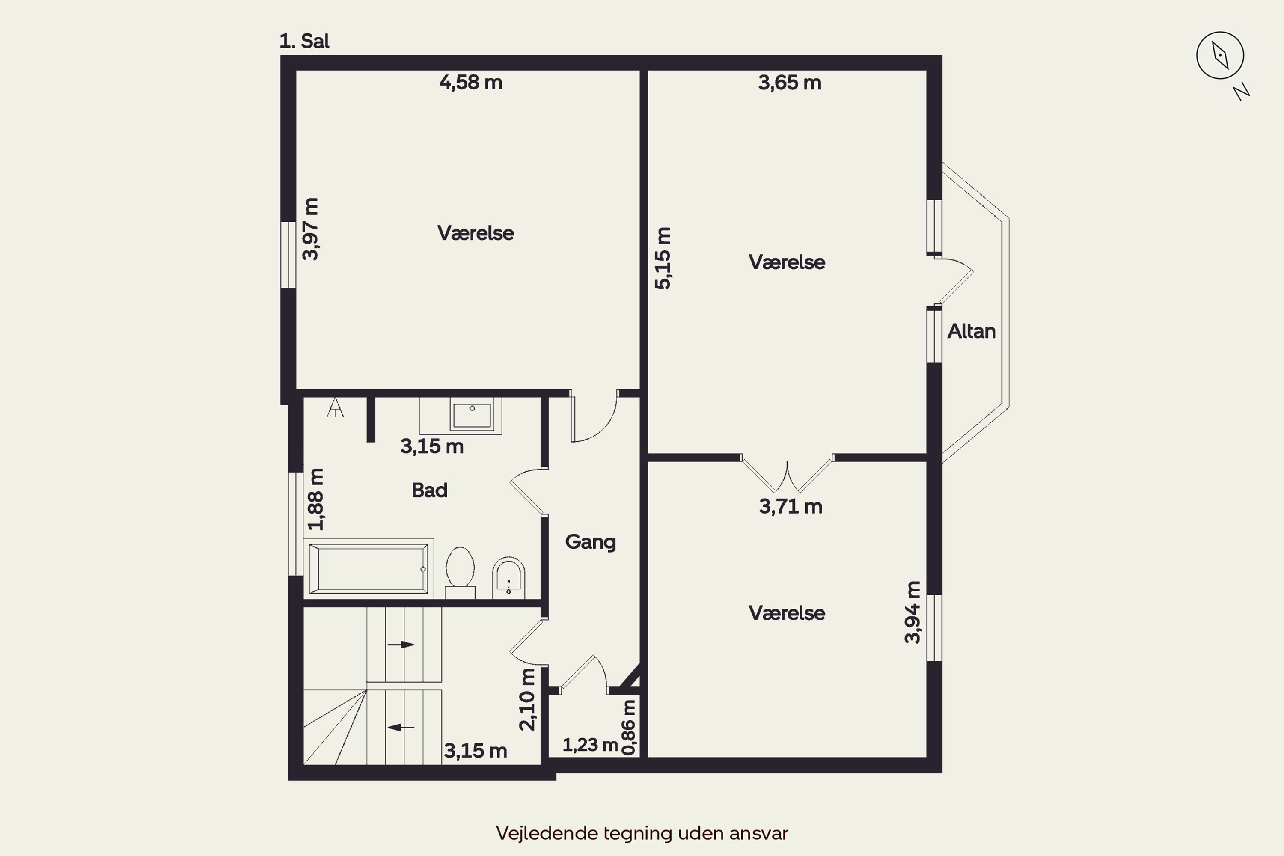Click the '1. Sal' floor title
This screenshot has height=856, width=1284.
click(304, 41)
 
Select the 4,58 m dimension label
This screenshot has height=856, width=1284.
click(470, 83)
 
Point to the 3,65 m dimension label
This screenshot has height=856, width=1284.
click(789, 83)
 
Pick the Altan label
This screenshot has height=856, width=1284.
click(971, 331)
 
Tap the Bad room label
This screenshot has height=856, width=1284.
click(430, 490)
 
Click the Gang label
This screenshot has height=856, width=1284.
click(590, 542)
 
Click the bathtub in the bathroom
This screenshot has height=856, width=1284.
click(369, 568)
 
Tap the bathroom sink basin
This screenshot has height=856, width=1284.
click(472, 415)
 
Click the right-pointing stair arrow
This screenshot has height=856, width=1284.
click(401, 645)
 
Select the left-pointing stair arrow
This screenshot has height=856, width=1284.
click(401, 727)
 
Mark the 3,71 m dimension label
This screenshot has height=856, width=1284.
click(791, 507)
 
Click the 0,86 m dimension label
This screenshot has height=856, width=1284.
click(629, 728)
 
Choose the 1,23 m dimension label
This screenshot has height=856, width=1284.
click(590, 745)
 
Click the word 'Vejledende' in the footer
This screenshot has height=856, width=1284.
click(547, 833)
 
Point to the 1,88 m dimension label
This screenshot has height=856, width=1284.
click(315, 499)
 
